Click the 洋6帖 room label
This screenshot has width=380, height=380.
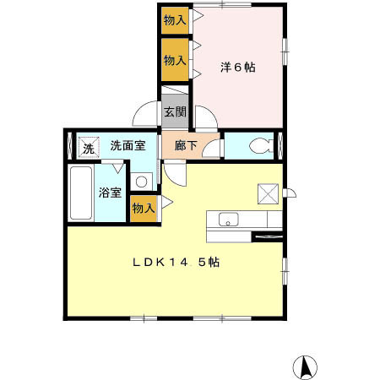[x=239, y=66]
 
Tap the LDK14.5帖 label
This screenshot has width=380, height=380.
[x=176, y=263]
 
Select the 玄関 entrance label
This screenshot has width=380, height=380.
[x=175, y=111]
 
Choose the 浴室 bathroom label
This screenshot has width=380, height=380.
[x=111, y=192]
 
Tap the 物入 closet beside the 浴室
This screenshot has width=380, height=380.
[x=144, y=208]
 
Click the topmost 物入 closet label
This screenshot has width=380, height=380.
[x=175, y=20]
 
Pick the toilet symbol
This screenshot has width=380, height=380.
[x=259, y=144]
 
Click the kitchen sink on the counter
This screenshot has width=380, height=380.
[x=229, y=220]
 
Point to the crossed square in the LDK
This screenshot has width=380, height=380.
[x=269, y=193]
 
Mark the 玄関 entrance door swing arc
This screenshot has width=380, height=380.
[x=145, y=114]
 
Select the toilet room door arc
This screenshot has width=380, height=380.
[x=211, y=149]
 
